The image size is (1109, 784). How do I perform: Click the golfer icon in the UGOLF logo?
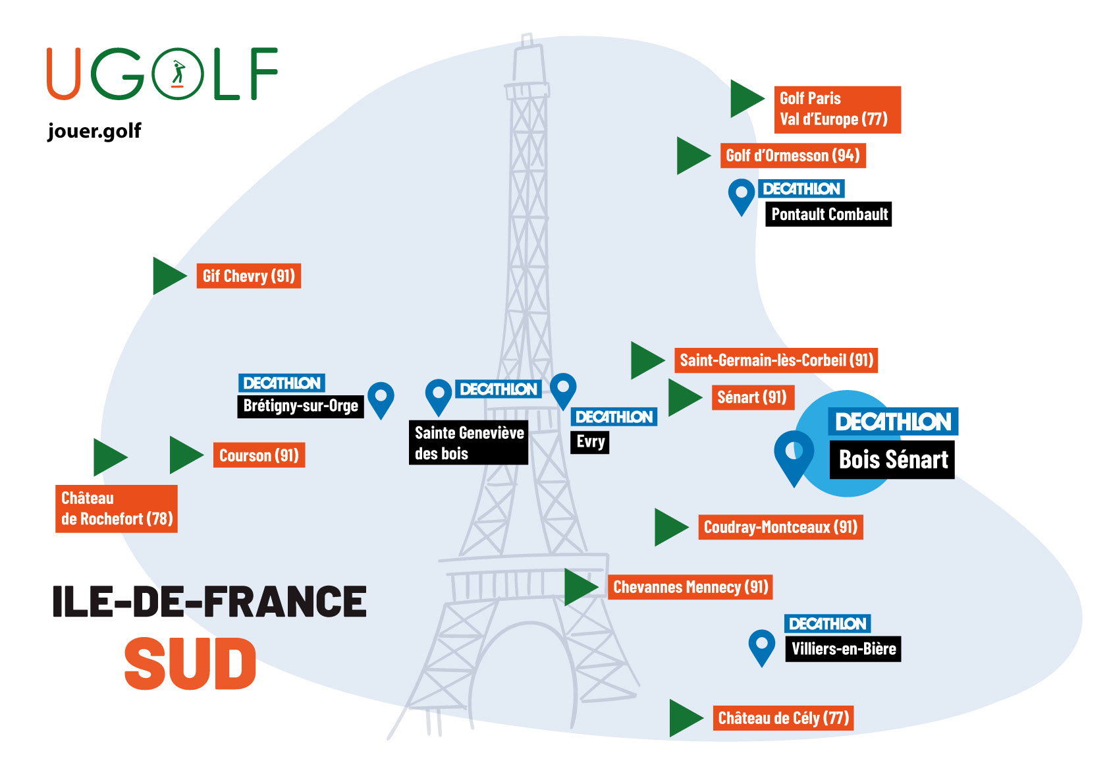177,74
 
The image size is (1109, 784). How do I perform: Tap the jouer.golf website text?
94,130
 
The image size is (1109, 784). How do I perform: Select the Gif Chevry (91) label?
248,276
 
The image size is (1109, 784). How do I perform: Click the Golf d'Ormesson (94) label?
792,155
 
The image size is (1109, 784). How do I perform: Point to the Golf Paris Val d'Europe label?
836,109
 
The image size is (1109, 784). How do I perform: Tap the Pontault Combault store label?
828,214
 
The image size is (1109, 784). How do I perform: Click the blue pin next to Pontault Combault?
741,196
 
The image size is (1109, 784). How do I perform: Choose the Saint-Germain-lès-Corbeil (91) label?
776,360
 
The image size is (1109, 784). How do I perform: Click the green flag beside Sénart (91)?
684,397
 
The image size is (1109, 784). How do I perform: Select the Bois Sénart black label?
892,459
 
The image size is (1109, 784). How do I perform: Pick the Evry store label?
589,441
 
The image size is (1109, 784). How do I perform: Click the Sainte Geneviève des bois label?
468,443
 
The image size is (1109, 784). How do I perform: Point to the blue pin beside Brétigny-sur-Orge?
381,399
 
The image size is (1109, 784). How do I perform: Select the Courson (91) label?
259,455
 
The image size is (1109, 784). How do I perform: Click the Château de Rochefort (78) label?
117,509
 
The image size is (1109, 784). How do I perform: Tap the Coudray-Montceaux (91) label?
780,527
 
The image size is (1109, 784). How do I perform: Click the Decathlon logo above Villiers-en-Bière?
827,623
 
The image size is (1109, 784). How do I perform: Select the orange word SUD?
190,664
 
